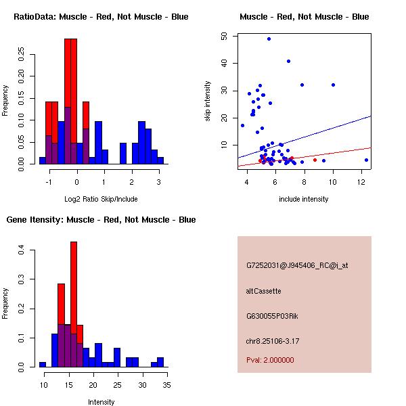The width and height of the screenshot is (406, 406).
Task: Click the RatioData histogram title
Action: (101, 17)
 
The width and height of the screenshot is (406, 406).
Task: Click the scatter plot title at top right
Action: (304, 17)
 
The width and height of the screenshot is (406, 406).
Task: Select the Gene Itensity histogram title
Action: (101, 220)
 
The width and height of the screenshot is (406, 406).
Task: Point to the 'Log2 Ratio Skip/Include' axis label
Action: (101, 199)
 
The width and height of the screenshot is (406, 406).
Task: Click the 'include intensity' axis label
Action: (304, 199)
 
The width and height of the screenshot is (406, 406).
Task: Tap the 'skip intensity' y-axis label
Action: (208, 101)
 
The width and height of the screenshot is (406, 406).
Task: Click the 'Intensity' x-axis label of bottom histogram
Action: (101, 402)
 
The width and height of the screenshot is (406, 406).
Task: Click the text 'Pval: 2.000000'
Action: (270, 360)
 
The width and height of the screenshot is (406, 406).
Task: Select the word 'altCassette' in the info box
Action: (263, 291)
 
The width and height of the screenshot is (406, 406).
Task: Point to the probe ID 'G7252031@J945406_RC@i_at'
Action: (296, 266)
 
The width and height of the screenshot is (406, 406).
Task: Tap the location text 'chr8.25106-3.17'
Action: (273, 340)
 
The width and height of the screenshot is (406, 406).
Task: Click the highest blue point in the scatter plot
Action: (269, 39)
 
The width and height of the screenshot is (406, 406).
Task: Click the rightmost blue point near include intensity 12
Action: (366, 160)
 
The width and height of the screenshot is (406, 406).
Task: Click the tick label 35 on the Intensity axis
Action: (166, 385)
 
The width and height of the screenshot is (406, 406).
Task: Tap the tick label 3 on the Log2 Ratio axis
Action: (159, 182)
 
